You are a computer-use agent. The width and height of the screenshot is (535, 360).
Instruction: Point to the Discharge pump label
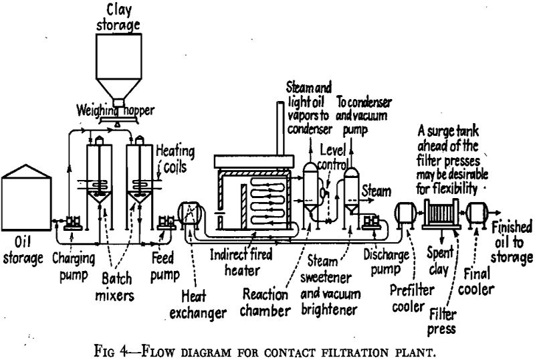[384, 263]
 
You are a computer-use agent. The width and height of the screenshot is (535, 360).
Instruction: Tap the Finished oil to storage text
[512, 242]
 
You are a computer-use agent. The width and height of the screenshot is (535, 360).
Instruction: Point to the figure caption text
[267, 347]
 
